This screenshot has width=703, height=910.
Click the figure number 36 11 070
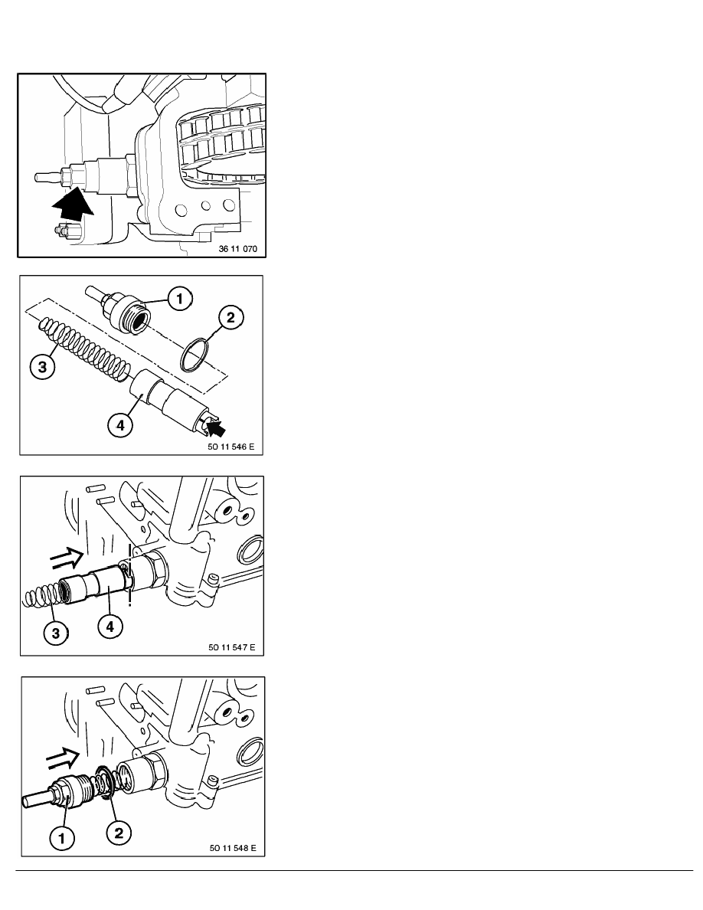[x=238, y=249]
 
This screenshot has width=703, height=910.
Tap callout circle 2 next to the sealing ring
[x=231, y=317]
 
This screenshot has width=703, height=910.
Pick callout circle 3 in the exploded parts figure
[x=42, y=367]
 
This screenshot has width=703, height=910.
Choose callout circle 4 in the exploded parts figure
[x=120, y=425]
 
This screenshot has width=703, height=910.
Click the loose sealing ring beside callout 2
[x=195, y=355]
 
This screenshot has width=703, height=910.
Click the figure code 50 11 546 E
[x=231, y=447]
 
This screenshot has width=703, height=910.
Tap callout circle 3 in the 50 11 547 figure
[x=56, y=632]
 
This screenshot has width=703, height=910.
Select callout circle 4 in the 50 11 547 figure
[x=110, y=627]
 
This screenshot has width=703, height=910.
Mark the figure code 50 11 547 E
[x=232, y=647]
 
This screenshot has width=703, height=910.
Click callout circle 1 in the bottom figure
[x=62, y=837]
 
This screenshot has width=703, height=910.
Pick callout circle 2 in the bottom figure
[x=119, y=833]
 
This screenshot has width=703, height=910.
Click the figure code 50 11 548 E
[x=233, y=848]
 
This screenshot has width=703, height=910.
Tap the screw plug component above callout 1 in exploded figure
[x=119, y=308]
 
